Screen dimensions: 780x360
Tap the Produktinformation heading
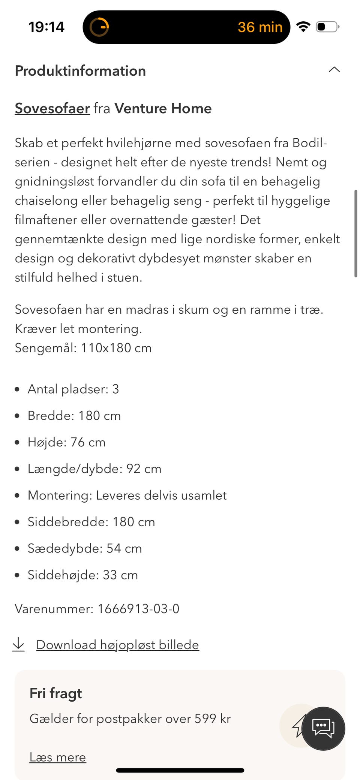coord(80,71)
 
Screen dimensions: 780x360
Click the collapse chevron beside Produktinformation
coord(334,69)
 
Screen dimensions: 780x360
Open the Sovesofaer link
coord(52,108)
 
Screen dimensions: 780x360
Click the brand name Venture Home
coord(163,108)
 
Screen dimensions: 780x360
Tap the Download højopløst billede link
coord(117,645)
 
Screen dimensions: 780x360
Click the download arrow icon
coord(18,644)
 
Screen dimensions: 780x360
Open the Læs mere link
coord(58,757)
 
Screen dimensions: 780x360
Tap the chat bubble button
coord(323,728)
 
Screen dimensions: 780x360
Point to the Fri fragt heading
coord(55,693)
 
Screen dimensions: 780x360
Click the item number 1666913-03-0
coord(138,609)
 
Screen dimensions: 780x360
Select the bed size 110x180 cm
coord(116,348)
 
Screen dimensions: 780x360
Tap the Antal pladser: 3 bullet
coord(73,389)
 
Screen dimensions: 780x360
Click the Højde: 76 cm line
coord(66,442)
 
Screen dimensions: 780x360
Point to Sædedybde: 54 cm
coord(85,548)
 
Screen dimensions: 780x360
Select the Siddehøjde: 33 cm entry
coord(82,575)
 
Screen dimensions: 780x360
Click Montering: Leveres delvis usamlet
coord(127,495)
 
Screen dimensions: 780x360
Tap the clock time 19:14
coord(46,27)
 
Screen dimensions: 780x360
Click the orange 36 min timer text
coord(260,27)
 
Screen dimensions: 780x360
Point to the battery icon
coord(327,27)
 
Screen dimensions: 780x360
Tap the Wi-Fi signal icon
coord(303,27)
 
